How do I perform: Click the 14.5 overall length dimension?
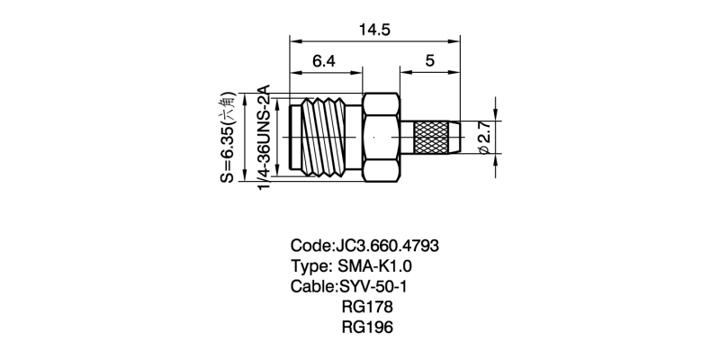point(374,31)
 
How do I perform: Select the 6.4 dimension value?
point(324,61)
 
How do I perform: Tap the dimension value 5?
point(430,61)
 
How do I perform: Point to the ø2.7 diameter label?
point(486,138)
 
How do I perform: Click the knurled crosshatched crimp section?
point(432,138)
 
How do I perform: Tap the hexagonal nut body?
point(381,138)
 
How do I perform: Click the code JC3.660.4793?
point(387,246)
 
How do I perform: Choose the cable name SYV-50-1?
point(373,286)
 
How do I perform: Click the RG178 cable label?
point(367,307)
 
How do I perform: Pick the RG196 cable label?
point(367,327)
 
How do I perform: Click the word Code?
point(310,246)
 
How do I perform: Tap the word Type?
point(309,266)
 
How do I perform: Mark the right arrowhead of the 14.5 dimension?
point(454,41)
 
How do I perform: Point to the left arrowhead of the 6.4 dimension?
point(295,73)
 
